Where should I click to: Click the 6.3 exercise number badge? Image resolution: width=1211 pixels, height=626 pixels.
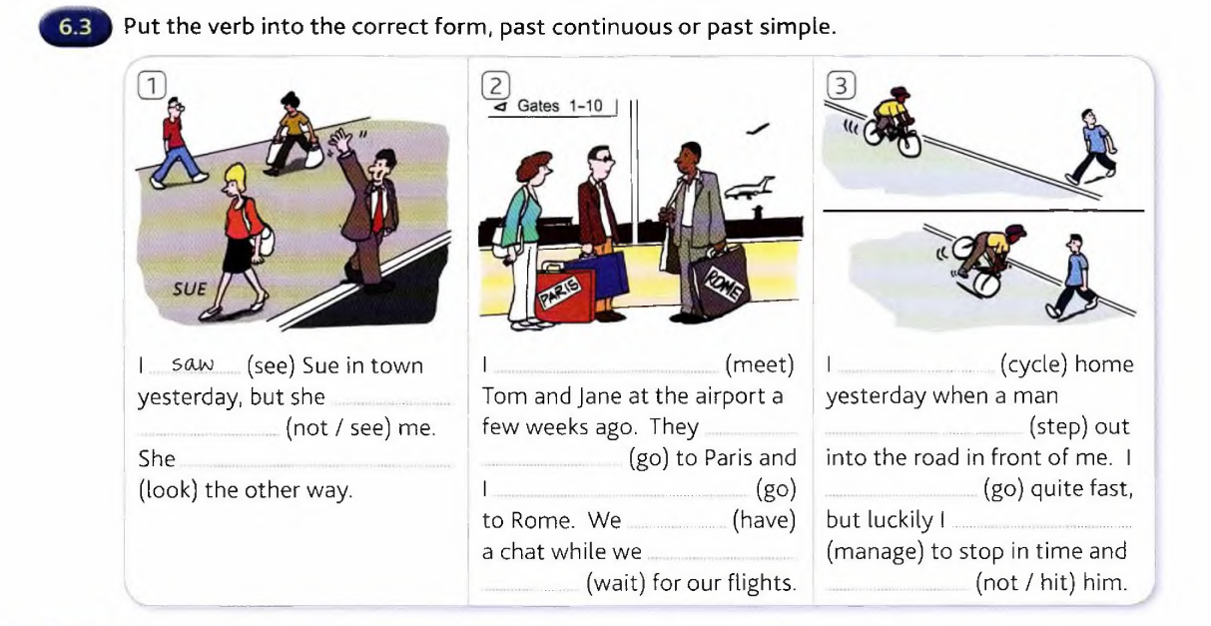click(x=75, y=27)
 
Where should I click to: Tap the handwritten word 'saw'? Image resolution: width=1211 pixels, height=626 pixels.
click(x=193, y=363)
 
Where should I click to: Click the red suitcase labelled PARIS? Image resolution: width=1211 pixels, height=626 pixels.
click(x=564, y=294)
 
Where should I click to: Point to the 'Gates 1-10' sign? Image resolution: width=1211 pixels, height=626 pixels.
click(x=553, y=106)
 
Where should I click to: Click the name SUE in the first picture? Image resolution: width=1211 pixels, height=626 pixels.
click(x=190, y=290)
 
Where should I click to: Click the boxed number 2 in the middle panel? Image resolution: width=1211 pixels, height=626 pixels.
click(x=495, y=86)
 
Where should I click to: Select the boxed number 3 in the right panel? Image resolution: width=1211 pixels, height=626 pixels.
click(x=841, y=86)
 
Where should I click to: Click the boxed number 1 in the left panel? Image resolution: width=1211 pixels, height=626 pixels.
click(x=152, y=86)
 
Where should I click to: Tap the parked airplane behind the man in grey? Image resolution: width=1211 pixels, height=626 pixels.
click(x=749, y=187)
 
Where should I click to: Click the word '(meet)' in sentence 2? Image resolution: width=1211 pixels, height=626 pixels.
click(x=760, y=364)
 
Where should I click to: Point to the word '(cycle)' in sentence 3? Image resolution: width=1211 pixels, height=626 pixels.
click(x=1033, y=364)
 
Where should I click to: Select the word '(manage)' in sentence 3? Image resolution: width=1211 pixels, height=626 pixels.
click(x=875, y=551)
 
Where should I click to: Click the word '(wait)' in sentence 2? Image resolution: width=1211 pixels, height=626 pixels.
click(x=616, y=583)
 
